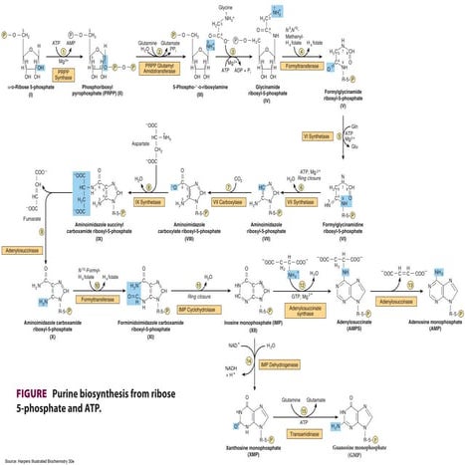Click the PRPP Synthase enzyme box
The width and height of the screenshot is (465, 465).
[x=63, y=73]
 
